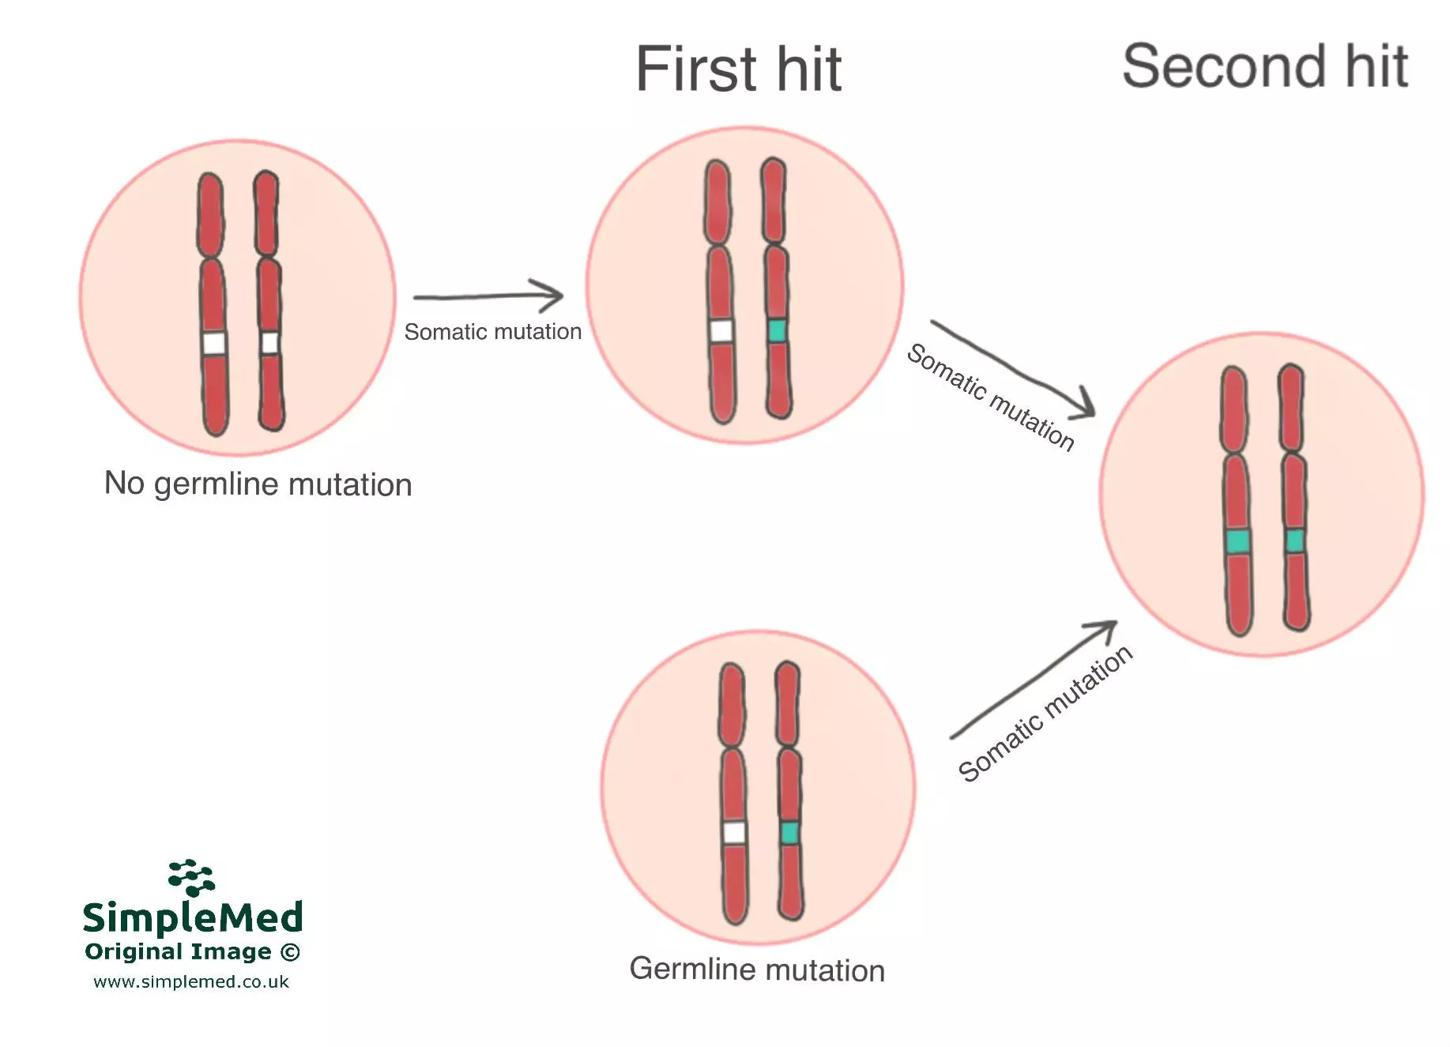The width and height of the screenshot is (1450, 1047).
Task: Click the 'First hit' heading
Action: click(738, 70)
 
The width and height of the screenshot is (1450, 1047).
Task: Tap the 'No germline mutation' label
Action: click(258, 484)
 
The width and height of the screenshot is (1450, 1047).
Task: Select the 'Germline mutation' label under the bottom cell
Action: click(757, 969)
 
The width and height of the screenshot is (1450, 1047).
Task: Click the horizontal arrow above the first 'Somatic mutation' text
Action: click(488, 296)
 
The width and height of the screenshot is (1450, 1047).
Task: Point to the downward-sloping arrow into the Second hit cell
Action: click(1013, 369)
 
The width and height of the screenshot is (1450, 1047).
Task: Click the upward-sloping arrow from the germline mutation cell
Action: click(1034, 680)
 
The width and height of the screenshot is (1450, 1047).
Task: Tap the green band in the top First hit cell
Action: click(777, 331)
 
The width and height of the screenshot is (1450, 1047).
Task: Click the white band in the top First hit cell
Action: click(721, 331)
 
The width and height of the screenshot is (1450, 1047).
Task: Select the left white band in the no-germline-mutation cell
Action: click(214, 344)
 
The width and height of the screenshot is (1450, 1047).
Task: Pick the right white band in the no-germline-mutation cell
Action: click(269, 343)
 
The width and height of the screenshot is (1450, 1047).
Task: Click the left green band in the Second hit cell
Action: click(1237, 541)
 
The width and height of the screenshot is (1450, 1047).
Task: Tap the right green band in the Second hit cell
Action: click(1294, 541)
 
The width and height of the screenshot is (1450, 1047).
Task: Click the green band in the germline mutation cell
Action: click(789, 833)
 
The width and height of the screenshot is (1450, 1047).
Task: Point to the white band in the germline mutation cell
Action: click(734, 833)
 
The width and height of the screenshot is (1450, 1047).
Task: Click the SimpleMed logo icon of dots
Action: click(192, 877)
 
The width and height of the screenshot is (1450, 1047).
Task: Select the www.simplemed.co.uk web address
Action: click(191, 982)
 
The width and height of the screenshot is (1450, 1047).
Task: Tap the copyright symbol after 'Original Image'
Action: click(290, 952)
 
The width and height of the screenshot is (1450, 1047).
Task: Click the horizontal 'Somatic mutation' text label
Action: click(493, 332)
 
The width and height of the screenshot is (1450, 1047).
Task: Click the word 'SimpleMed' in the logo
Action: click(193, 917)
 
